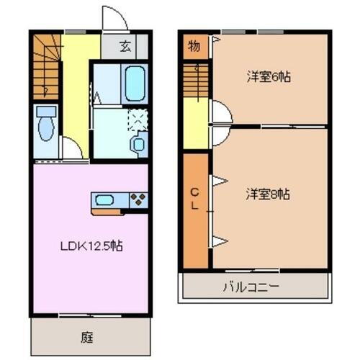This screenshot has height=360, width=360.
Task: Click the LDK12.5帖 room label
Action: coord(91,246)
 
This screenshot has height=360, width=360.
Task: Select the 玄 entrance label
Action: coord(125,48)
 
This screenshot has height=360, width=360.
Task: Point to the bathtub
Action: coord(134,84)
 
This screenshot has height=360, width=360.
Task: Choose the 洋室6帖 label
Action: coord(263,77)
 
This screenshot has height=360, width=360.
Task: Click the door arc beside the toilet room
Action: coord(71,148)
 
